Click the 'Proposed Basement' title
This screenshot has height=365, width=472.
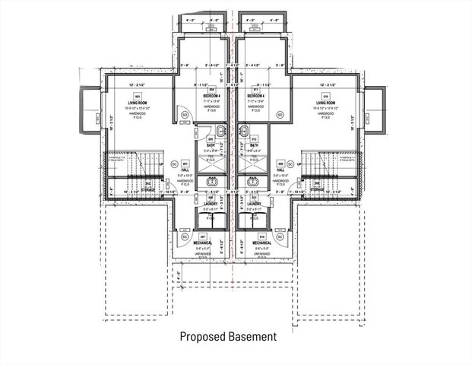227,335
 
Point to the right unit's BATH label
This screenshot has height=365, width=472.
253,146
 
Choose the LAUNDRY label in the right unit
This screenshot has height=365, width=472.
254,204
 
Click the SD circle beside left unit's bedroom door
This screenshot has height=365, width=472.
185,115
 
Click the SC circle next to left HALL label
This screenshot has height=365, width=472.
174,163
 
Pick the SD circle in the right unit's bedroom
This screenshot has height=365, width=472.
280,115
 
